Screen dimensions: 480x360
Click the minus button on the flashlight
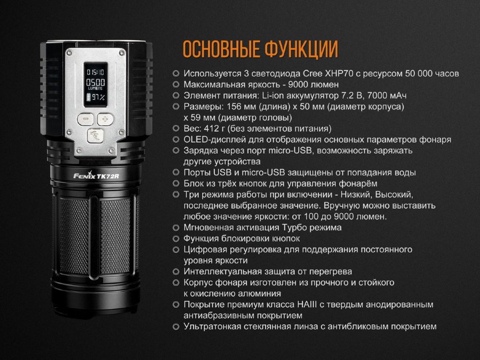tap(85, 119)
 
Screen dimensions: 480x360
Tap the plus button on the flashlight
tap(105, 119)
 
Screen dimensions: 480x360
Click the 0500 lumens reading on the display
tap(95, 82)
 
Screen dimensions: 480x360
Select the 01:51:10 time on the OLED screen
tap(95, 72)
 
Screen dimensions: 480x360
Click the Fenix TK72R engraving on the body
tap(96, 175)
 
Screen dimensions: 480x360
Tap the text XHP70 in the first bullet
tap(337, 74)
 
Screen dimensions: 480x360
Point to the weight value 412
tap(210, 129)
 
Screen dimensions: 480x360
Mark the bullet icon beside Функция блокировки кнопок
tap(175, 239)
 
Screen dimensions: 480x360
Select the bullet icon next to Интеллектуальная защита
tap(175, 272)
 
